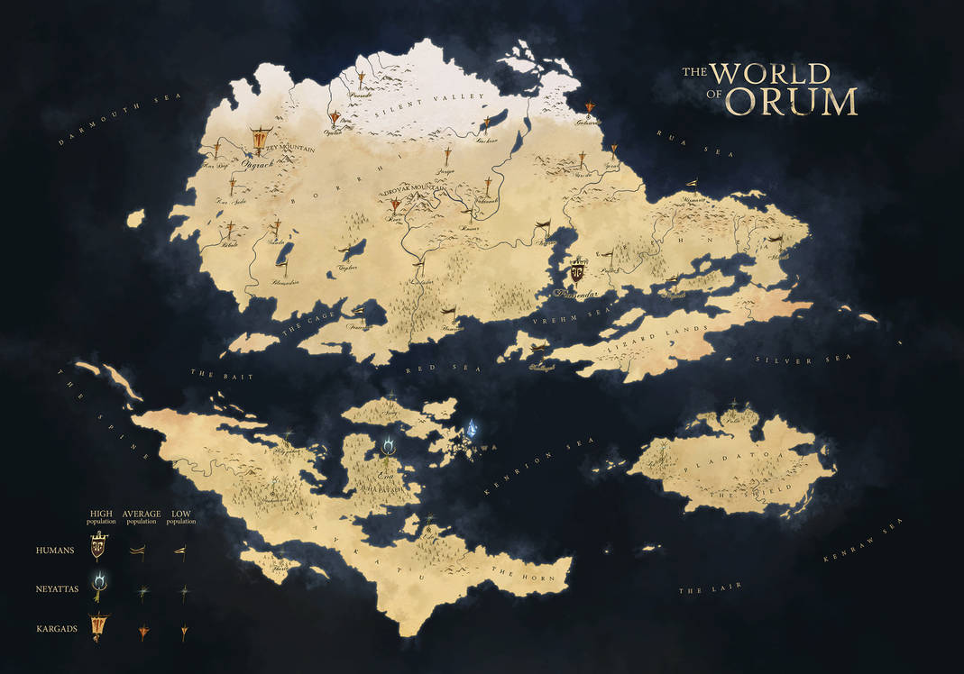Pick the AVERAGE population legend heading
(x=142, y=515)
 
